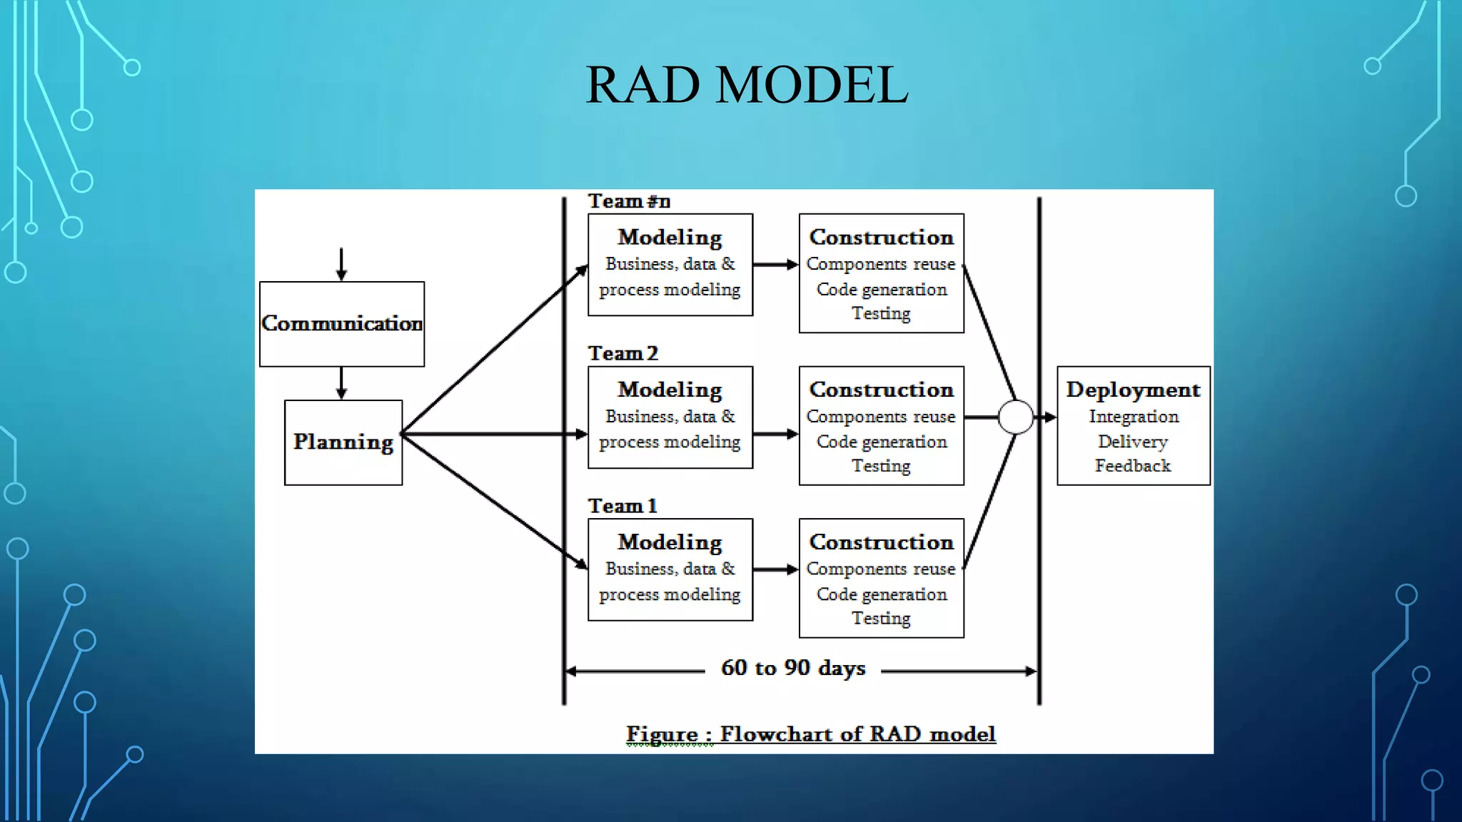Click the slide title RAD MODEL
point(747,85)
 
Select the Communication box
point(342,324)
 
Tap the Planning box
point(343,442)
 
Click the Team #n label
point(629,201)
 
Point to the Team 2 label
point(622,353)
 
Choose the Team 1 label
point(622,506)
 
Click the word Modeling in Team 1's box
point(670,542)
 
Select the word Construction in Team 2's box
point(881,390)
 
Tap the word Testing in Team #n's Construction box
point(881,313)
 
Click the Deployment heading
point(1133,390)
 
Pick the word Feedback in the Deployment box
point(1133,466)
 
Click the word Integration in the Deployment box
point(1133,417)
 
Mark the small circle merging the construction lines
point(1015,417)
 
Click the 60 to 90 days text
point(793,668)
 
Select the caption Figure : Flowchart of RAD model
point(810,734)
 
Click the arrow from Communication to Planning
point(341,383)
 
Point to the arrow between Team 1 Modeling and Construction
point(775,569)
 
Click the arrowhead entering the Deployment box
point(1049,417)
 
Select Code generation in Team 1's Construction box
point(881,594)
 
